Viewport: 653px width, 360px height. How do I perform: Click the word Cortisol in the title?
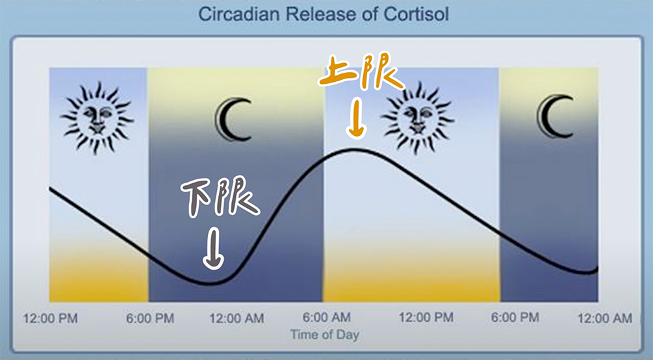point(416,14)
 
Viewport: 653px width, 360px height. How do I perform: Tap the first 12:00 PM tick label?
point(51,319)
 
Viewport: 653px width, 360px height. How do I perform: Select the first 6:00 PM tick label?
point(150,319)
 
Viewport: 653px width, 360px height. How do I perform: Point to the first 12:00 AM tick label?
point(237,319)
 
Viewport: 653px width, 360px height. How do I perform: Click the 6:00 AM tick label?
point(327,318)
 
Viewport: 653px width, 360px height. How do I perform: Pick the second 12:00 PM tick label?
point(426,318)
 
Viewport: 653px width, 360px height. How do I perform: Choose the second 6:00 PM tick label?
point(515,318)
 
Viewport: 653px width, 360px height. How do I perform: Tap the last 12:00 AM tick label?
point(605,318)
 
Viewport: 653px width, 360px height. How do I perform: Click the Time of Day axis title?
point(325,335)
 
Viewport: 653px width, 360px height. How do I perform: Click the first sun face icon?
point(97,117)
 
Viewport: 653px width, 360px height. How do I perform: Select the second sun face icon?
point(417,118)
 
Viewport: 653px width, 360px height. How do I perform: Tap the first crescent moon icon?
point(233,119)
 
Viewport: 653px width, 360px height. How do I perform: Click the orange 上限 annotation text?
point(361,71)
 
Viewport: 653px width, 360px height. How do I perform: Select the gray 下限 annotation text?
point(220,196)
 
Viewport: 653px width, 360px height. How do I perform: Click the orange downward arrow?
point(357,118)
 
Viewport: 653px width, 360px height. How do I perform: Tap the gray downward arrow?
point(213,248)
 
